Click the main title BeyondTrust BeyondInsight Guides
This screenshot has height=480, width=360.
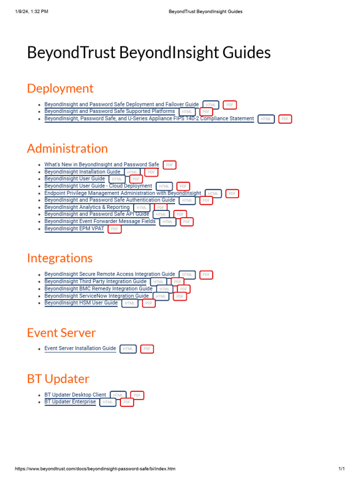coord(149,52)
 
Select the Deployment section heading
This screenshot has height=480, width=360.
coord(60,88)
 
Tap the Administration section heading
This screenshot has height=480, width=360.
coord(67,148)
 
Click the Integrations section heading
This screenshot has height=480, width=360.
coord(60,258)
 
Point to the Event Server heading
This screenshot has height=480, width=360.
coord(61,333)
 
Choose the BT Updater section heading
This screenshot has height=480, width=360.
coord(58,379)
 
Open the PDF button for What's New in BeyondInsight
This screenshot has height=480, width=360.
coord(169,165)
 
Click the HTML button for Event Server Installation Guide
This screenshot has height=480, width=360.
coord(128,349)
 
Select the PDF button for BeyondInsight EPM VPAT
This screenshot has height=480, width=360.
coord(114,229)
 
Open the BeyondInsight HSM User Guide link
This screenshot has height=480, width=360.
coord(81,303)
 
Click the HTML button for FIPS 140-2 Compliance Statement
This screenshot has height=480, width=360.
coord(266,119)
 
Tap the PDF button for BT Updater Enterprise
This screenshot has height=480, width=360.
coord(127,402)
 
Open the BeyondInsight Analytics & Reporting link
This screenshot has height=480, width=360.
coord(87,207)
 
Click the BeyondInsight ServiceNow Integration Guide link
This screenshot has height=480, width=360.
coord(97,296)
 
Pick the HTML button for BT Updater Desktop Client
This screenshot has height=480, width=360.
coord(118,395)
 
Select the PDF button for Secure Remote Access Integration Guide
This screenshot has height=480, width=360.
coord(206,275)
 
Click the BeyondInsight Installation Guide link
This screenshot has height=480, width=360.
coord(82,172)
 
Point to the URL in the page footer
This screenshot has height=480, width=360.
coord(95,469)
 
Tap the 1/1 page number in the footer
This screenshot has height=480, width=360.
coord(341,469)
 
